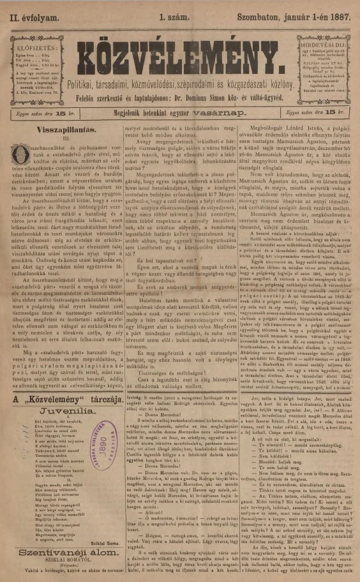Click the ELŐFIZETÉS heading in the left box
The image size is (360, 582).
[x=33, y=47]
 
